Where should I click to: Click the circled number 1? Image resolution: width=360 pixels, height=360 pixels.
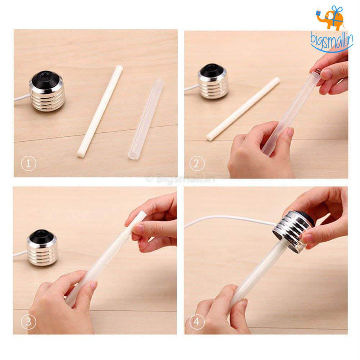[28, 164]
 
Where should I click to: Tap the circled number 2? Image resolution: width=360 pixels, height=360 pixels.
[196, 164]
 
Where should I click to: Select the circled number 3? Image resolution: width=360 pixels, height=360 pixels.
[28, 322]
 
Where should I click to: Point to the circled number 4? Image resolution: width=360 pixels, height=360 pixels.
[197, 322]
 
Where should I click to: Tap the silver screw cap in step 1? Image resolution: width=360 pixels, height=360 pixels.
[47, 91]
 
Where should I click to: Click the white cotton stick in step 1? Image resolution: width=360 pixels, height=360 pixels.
[99, 111]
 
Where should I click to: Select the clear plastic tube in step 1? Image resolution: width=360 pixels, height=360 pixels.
[145, 119]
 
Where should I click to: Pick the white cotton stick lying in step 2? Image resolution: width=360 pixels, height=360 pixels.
[243, 109]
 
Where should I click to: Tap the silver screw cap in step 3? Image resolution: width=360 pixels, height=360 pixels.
[43, 247]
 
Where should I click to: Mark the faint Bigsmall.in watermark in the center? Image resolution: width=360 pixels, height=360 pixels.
[180, 179]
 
